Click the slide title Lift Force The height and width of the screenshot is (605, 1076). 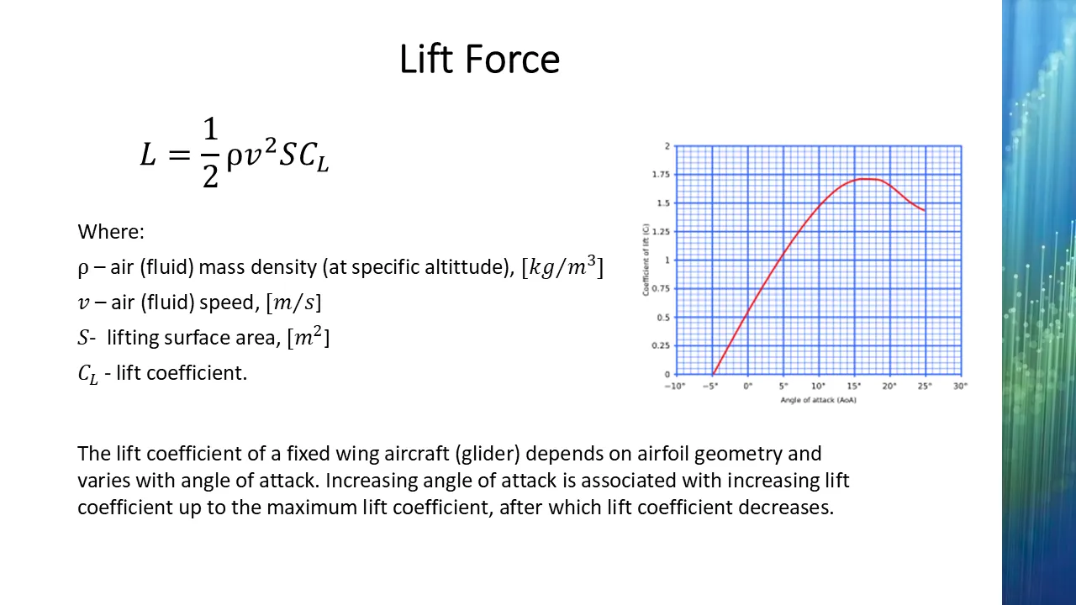tap(479, 59)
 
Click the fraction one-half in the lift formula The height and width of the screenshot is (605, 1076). tap(210, 153)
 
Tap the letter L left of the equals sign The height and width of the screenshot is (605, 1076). tap(148, 155)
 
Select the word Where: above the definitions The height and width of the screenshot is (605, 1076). tap(111, 232)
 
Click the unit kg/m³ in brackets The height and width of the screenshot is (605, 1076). tap(562, 266)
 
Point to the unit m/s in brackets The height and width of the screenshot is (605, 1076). tap(294, 302)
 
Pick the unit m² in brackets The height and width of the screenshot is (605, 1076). tap(309, 337)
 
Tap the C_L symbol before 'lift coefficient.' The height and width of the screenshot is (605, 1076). tap(88, 374)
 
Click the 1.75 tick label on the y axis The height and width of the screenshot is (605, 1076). tap(661, 174)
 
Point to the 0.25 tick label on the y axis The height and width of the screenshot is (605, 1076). tap(661, 345)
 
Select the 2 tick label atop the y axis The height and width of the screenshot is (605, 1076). tap(667, 146)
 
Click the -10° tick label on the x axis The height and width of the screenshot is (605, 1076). tap(675, 386)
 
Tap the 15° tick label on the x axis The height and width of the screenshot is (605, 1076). tap(854, 386)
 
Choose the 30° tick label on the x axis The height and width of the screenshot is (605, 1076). tap(960, 386)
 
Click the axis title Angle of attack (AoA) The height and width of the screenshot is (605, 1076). tap(819, 400)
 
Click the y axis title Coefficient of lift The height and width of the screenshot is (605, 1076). tap(646, 260)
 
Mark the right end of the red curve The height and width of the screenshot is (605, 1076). tap(925, 210)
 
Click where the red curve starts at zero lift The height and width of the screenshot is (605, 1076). tap(714, 374)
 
